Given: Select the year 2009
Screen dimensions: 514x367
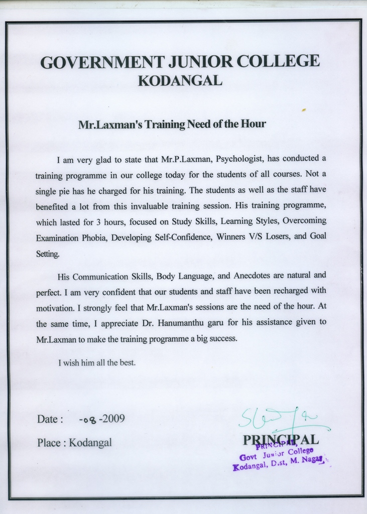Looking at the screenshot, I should [x=113, y=419].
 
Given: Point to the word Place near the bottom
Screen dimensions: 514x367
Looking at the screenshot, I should [x=49, y=443].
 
